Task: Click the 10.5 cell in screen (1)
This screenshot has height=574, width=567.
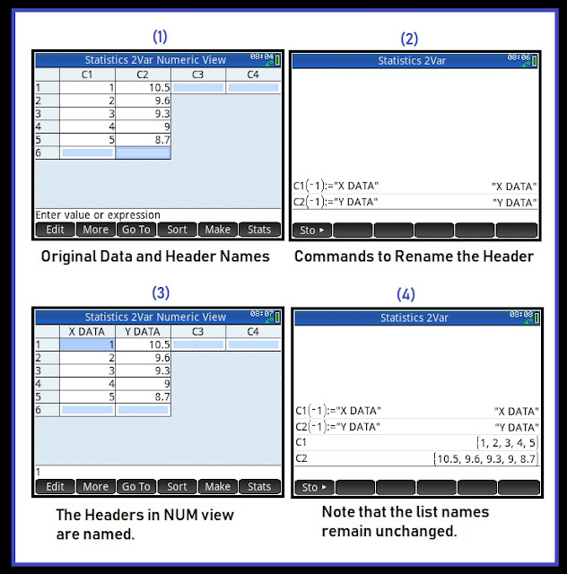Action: pos(143,88)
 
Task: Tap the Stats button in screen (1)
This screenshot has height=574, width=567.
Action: pos(259,230)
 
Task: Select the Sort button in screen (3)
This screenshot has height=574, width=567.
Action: pos(177,486)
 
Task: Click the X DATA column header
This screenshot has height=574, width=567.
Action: pos(87,332)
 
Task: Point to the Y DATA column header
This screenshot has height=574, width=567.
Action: pos(143,332)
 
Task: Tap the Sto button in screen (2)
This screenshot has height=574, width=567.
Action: pos(312,230)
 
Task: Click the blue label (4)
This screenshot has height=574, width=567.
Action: pos(406,295)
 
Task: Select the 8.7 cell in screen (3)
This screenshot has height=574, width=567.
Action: pos(143,396)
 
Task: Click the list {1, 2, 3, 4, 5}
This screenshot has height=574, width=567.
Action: pos(507,443)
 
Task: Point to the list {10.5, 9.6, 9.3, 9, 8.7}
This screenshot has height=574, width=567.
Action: pos(485,459)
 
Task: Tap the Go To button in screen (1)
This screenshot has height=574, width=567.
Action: pos(136,230)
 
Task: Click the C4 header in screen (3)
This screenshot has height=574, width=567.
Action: pos(253,332)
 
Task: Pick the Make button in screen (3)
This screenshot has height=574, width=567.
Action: pos(218,486)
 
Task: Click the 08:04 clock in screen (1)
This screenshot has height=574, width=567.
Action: pos(262,57)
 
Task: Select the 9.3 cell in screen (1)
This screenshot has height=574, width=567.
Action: pos(143,114)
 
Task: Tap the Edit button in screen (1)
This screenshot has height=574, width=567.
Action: pos(55,230)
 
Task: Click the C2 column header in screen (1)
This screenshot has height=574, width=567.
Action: pos(143,74)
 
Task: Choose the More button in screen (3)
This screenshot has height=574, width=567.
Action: pos(96,486)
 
